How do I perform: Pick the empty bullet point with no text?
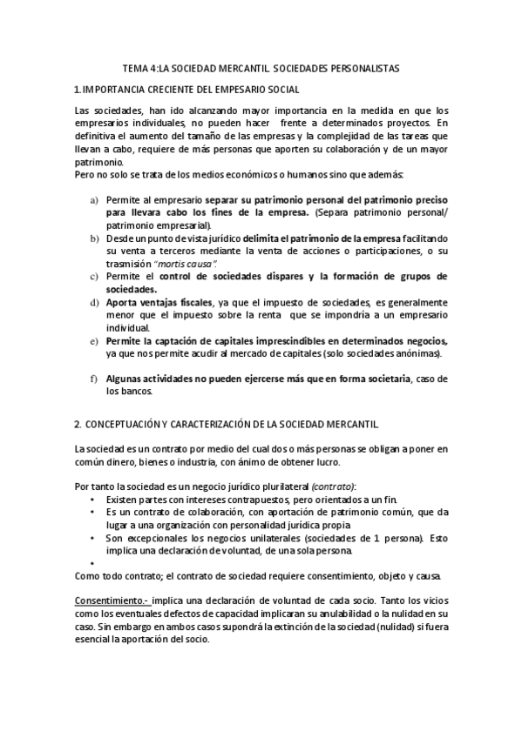(92, 563)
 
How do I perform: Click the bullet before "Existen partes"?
(92, 500)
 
